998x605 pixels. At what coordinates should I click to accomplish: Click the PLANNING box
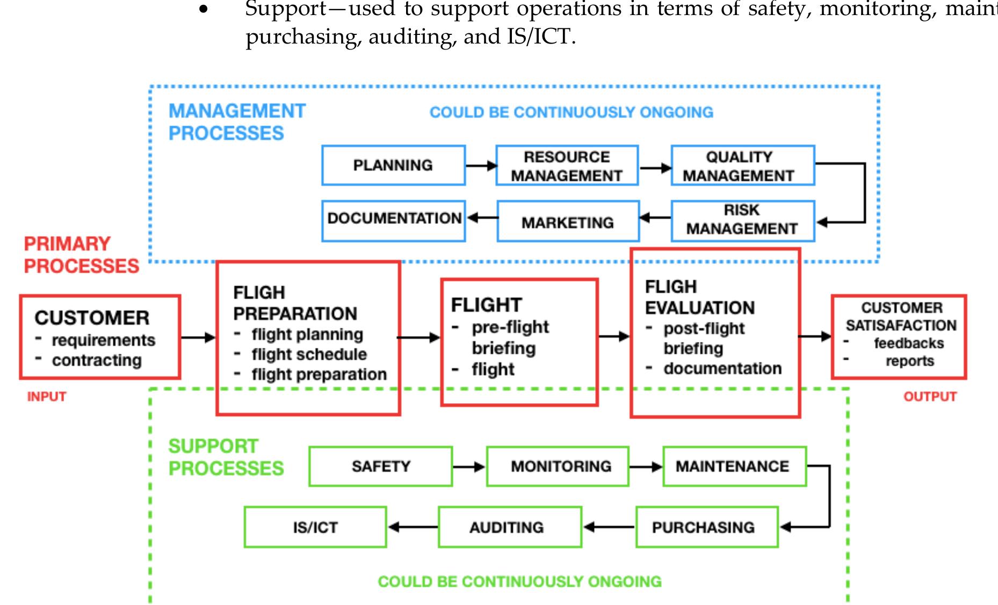point(393,165)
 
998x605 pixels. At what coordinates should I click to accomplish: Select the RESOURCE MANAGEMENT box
point(567,166)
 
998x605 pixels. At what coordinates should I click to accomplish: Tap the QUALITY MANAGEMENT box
point(742,166)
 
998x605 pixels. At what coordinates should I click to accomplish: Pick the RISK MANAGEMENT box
point(742,221)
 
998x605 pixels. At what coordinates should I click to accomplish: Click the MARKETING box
point(568,222)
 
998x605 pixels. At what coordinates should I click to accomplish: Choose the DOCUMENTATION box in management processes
point(393,221)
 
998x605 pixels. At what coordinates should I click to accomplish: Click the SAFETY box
point(380,466)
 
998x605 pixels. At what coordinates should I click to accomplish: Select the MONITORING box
point(558,466)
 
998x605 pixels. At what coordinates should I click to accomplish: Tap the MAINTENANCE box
point(734,466)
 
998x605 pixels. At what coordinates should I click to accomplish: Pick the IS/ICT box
point(315,527)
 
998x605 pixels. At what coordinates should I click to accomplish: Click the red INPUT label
point(47,397)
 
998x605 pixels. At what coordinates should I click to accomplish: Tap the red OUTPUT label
point(930,397)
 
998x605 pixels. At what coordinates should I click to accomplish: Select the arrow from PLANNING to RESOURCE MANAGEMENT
point(481,166)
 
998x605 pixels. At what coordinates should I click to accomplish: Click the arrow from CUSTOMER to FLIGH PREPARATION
point(198,338)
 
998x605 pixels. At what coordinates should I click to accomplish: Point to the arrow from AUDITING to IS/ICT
point(413,527)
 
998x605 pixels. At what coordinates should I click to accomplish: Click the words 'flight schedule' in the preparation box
point(309,354)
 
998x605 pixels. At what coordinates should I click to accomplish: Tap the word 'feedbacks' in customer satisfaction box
point(908,343)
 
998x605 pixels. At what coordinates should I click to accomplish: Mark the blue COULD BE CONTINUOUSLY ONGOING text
point(571,112)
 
